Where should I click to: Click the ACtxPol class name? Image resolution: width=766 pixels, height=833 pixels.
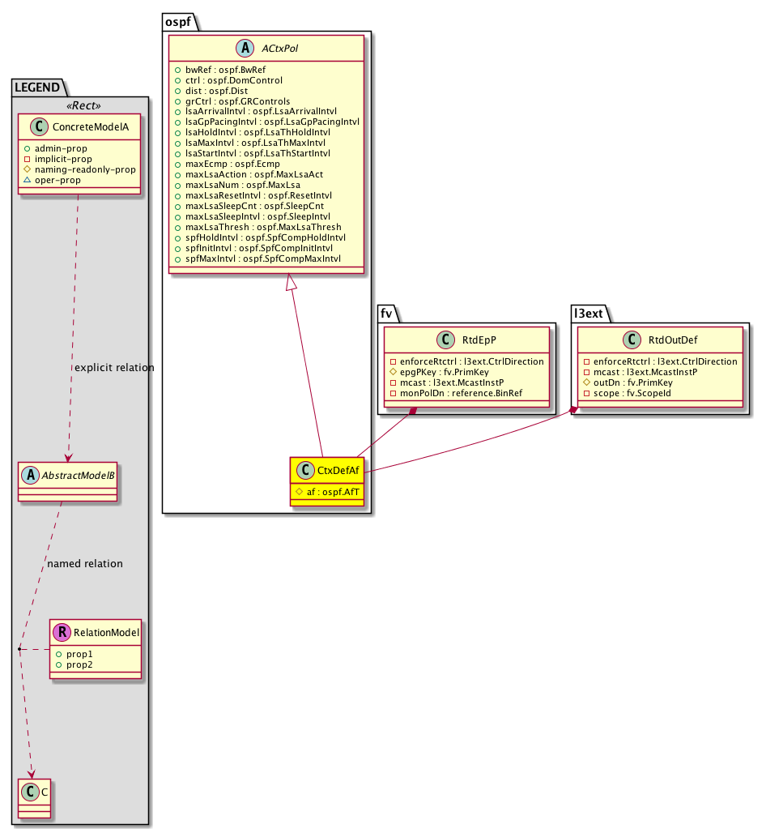[279, 49]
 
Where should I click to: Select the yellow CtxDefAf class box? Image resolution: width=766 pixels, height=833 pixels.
[327, 481]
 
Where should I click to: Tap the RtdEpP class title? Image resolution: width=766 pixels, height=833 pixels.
[479, 340]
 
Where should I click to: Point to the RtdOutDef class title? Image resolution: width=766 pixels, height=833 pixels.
[673, 340]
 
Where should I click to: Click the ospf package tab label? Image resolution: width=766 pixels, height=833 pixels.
[178, 22]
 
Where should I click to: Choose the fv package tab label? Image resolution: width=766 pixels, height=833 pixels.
[386, 314]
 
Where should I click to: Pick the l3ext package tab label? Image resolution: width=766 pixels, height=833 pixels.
[588, 314]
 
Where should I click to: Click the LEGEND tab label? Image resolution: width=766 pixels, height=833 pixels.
[37, 88]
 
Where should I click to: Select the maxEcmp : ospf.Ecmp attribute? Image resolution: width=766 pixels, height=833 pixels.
[232, 164]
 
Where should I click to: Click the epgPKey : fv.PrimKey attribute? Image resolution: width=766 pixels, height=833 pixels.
[445, 372]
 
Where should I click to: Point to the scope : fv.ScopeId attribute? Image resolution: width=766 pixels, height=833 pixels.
[632, 393]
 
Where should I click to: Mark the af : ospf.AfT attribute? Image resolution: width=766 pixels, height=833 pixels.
[333, 492]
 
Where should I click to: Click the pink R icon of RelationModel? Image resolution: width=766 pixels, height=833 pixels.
[62, 632]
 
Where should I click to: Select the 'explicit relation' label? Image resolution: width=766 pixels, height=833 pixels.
[114, 368]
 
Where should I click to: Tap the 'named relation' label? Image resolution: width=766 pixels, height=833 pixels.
[85, 564]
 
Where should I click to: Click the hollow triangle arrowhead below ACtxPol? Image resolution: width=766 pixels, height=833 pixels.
[291, 282]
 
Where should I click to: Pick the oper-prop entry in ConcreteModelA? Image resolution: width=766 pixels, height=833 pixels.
[57, 180]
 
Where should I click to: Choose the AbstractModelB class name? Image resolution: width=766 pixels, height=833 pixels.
[78, 476]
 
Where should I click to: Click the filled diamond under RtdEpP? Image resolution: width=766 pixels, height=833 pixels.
[413, 411]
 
